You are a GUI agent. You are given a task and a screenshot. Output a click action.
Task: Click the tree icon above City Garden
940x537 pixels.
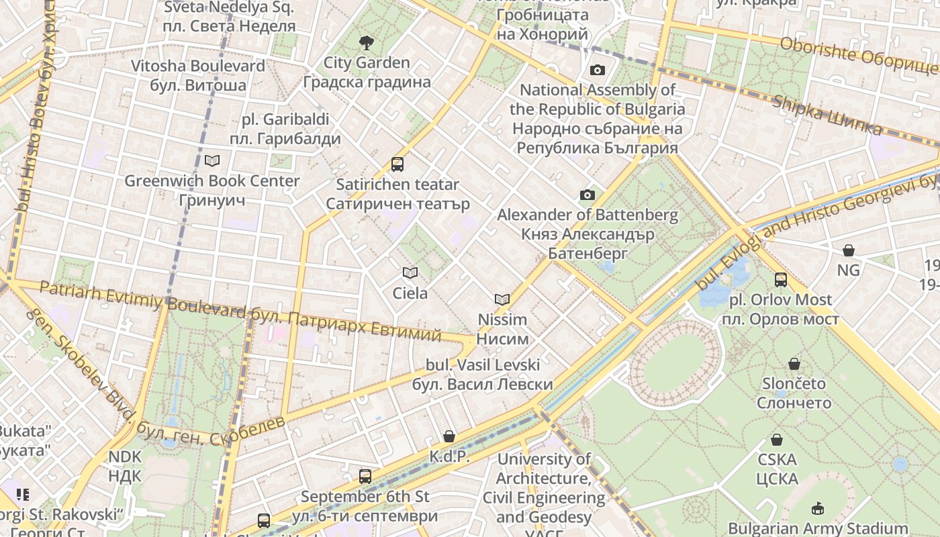[367, 44]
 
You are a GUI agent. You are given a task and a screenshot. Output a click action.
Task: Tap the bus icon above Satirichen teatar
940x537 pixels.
[397, 164]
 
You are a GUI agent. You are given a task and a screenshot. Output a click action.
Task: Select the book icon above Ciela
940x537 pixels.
[410, 273]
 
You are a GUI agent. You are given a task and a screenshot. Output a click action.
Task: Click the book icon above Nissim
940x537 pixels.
[502, 299]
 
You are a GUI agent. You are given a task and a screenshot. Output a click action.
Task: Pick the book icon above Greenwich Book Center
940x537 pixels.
[212, 161]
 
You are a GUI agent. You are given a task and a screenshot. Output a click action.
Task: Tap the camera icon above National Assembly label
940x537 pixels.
[597, 70]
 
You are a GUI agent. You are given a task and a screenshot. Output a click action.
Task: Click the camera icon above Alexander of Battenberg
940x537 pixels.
[587, 195]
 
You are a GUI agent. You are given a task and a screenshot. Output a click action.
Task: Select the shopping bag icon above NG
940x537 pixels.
[849, 250]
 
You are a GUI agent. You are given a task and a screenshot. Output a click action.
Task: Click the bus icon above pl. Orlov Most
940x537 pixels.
[781, 280]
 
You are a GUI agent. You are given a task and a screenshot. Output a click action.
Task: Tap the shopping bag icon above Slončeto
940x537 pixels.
[794, 364]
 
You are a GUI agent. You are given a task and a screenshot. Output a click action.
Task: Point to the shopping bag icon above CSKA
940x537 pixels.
[777, 440]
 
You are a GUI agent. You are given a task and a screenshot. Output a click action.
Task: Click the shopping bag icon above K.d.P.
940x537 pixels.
[449, 436]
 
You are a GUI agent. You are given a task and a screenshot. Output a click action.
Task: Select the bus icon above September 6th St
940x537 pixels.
[365, 477]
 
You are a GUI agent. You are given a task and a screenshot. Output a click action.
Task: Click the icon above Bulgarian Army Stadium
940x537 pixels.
[818, 508]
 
